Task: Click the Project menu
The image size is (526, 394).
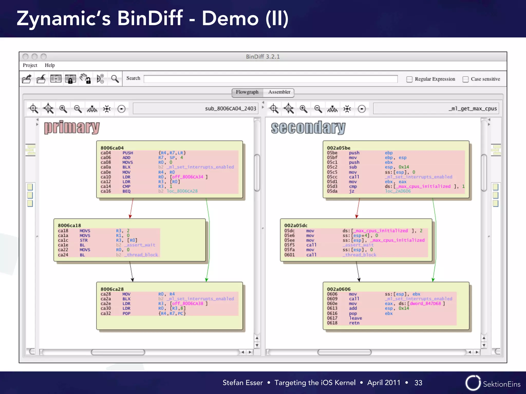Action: [30, 65]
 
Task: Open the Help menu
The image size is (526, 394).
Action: [50, 65]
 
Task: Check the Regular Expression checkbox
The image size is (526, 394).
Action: [409, 79]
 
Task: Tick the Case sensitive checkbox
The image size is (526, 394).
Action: [465, 79]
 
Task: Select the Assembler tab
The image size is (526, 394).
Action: [279, 92]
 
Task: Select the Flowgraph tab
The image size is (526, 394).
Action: [247, 92]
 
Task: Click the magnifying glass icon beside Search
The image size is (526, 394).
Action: [115, 79]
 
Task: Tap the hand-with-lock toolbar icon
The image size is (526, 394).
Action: [85, 79]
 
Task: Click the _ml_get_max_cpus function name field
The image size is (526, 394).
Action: [436, 109]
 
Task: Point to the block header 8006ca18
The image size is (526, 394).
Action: [69, 225]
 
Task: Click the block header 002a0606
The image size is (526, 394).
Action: [339, 289]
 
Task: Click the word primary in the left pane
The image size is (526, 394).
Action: [72, 127]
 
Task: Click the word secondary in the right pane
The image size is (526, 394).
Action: [308, 128]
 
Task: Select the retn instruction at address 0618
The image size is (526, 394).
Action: [354, 323]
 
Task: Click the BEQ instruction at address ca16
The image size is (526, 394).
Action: [126, 191]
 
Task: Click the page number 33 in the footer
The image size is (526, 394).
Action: [418, 383]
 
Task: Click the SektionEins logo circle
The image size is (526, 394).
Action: [473, 383]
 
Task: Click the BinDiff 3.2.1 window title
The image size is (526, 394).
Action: [263, 57]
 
